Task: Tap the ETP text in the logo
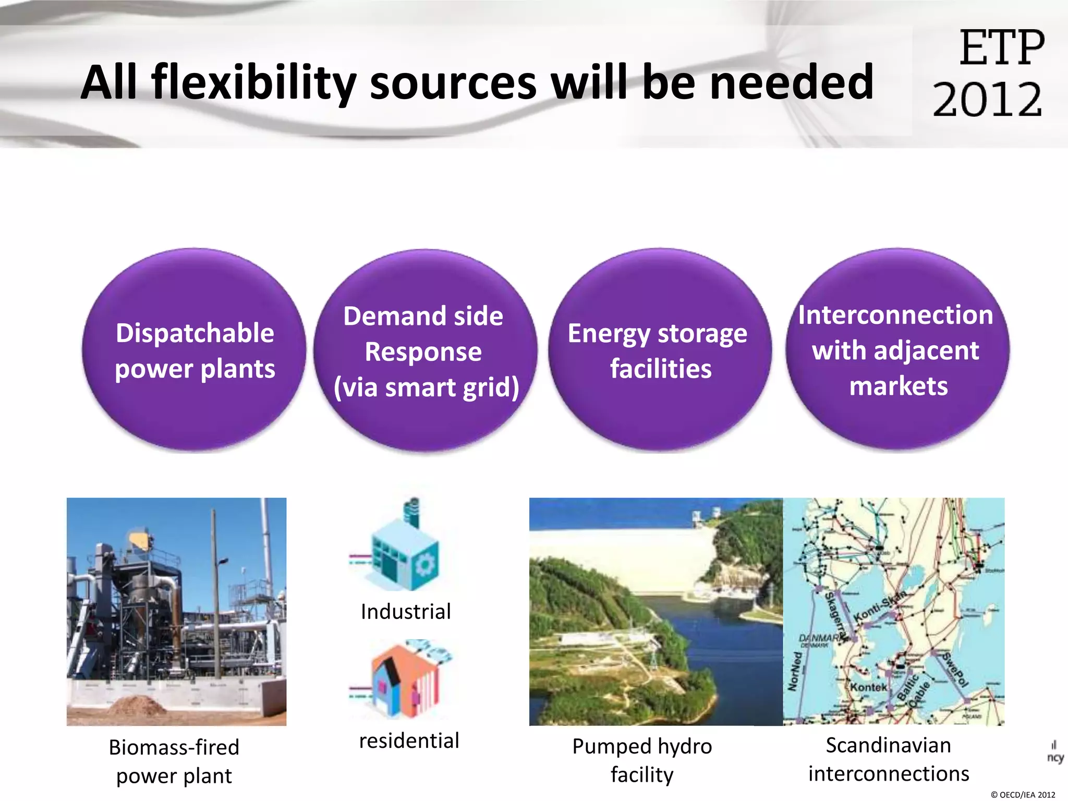click(x=1002, y=48)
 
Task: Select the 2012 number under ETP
click(x=987, y=99)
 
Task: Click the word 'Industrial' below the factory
click(x=406, y=611)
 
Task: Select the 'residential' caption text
click(x=409, y=741)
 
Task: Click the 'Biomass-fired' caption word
click(x=174, y=747)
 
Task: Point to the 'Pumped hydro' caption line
click(x=642, y=746)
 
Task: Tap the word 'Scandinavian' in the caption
click(x=888, y=745)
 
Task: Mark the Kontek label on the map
click(x=868, y=687)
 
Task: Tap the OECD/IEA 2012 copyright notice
click(x=1023, y=795)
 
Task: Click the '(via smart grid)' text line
click(x=426, y=387)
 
